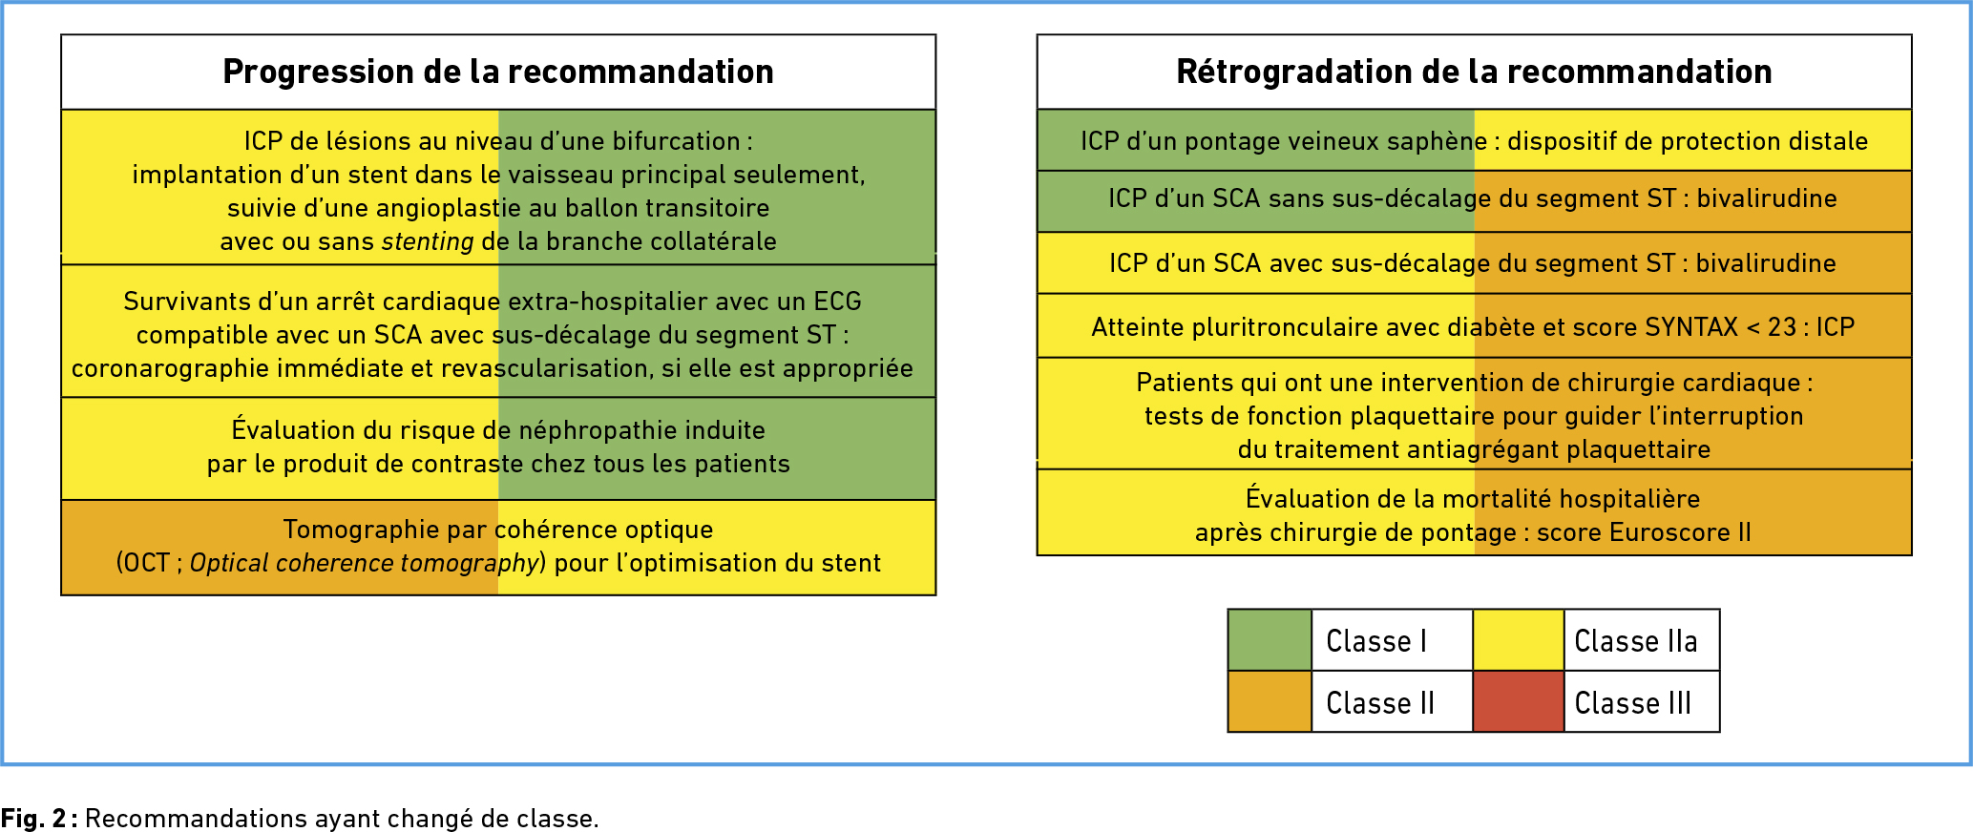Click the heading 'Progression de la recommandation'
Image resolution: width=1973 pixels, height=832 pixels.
[x=498, y=72]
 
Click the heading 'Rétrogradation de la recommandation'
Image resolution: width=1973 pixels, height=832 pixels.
[x=1474, y=72]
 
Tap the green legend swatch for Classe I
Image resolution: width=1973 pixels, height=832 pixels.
[x=1270, y=640]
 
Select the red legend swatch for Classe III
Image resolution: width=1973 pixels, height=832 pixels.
[x=1518, y=701]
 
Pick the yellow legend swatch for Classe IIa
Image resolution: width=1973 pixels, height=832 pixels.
[x=1518, y=640]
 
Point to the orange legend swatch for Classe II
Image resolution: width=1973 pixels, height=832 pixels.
[x=1270, y=701]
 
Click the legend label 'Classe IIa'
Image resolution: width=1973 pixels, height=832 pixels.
[x=1636, y=641]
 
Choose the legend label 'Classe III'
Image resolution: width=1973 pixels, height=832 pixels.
[x=1633, y=703]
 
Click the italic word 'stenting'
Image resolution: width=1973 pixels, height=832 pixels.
[x=428, y=241]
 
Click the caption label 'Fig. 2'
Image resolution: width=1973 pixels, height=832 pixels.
[x=33, y=819]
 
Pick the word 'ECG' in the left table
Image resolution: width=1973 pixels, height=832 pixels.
[x=837, y=302]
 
